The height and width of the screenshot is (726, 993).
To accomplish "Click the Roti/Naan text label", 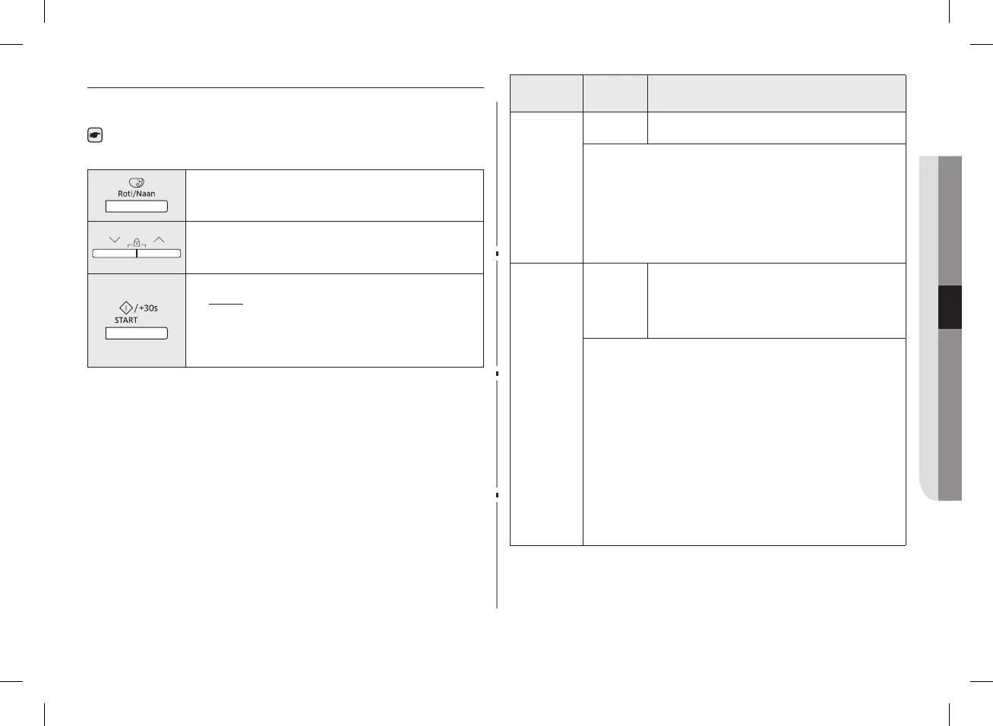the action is click(x=136, y=194).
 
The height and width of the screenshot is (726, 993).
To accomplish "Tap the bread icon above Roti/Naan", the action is click(x=137, y=183).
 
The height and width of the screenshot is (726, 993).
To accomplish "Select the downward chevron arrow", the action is click(x=115, y=240).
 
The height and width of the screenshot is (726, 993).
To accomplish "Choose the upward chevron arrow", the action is click(x=159, y=240).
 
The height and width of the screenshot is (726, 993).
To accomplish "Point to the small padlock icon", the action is click(x=137, y=243).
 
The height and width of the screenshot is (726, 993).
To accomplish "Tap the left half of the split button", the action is click(x=114, y=254).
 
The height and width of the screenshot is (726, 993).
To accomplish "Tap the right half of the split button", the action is click(x=159, y=254).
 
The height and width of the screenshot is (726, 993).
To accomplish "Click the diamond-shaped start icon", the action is click(x=126, y=308).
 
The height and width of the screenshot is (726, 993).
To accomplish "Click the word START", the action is click(x=126, y=320).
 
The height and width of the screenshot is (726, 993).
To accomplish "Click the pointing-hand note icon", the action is click(x=95, y=136).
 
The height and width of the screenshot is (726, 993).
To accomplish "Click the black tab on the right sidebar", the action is click(x=950, y=307).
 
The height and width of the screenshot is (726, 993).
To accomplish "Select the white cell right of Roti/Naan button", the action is click(x=334, y=195).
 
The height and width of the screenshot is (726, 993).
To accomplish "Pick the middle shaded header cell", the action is click(x=615, y=93).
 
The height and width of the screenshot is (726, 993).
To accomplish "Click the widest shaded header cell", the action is click(x=776, y=93).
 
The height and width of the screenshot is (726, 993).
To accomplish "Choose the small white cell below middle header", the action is click(x=615, y=128).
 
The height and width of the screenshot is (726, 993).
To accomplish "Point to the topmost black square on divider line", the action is click(x=497, y=254).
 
